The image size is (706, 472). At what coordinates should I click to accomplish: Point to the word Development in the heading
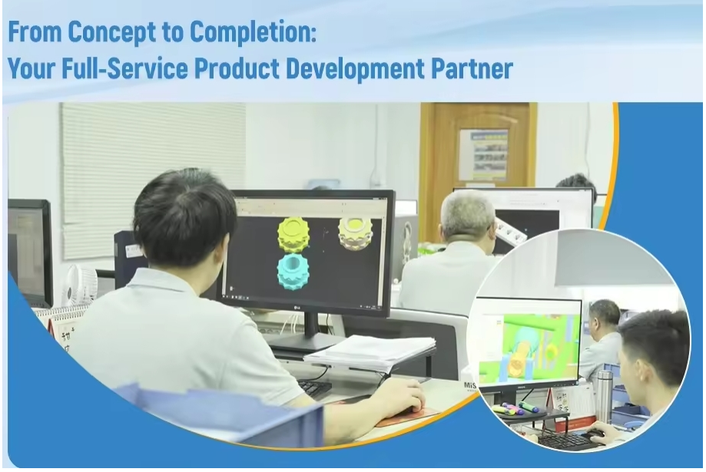coord(355,69)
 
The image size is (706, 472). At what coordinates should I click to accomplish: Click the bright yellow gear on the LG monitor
coord(293,234)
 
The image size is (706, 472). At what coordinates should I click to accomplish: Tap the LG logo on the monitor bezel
coord(297,308)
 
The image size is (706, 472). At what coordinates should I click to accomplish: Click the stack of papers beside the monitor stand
coord(370,353)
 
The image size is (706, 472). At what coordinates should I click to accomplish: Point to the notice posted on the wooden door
coord(483,154)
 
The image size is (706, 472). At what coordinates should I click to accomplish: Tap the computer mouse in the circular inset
coord(595,434)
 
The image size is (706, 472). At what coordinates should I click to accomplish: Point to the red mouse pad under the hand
coord(407,416)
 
